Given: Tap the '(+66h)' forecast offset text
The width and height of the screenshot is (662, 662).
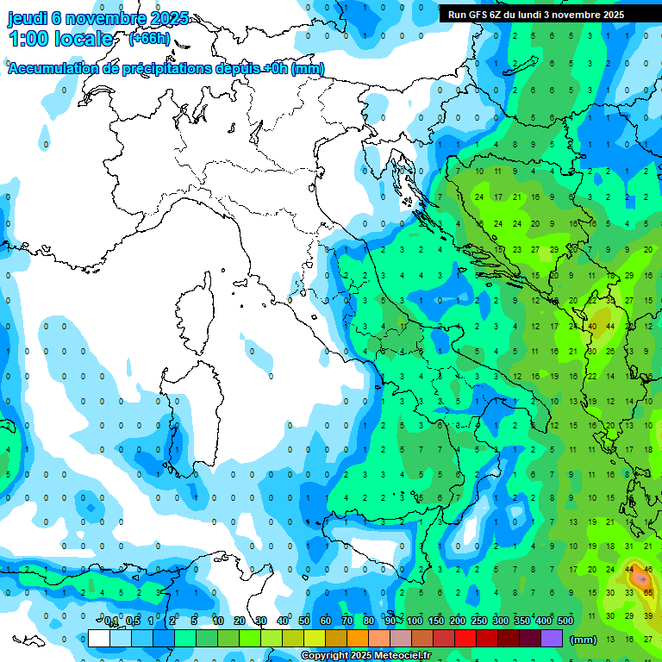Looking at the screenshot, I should click(x=148, y=39).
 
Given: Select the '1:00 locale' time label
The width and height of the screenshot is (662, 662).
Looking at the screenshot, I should click(x=60, y=39).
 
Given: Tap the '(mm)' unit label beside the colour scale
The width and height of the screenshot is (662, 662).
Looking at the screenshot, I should click(x=584, y=639).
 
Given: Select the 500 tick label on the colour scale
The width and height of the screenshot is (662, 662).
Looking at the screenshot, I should click(x=565, y=621).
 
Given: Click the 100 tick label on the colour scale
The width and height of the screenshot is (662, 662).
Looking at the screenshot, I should click(x=415, y=621).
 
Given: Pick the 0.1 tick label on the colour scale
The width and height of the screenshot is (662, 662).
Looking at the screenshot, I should click(x=111, y=621).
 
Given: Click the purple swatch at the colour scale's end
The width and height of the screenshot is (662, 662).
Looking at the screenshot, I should click(x=552, y=639).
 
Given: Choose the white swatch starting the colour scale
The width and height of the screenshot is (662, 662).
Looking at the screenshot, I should click(x=99, y=639).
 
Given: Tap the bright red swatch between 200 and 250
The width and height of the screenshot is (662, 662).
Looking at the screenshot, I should click(x=465, y=639).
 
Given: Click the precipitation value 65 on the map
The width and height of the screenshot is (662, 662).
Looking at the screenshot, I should click(x=648, y=593).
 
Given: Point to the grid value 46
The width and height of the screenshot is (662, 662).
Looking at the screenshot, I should click(x=648, y=570).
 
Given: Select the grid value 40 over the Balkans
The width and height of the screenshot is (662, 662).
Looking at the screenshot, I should click(x=592, y=327).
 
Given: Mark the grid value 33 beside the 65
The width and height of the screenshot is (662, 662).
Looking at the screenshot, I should click(x=630, y=593).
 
